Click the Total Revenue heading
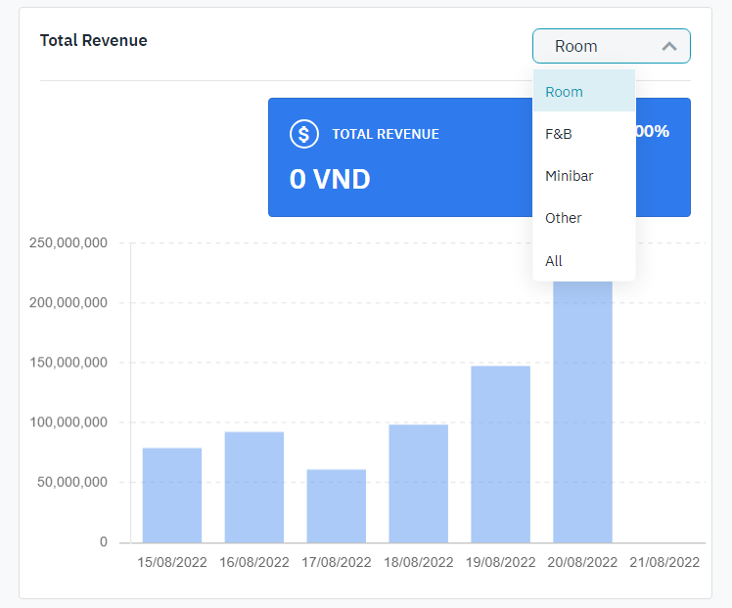coord(93,41)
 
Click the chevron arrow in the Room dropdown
coord(669,46)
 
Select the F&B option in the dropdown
coord(559,134)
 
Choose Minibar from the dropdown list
coord(570,176)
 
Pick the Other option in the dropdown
coord(564,218)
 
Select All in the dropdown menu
coord(554,261)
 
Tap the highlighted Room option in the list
coord(565,92)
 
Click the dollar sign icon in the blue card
coord(304,134)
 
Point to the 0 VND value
coord(330,179)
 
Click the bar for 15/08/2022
coord(172,496)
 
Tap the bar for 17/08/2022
coord(337,506)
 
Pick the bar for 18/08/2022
coord(419,484)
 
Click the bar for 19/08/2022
coord(501,455)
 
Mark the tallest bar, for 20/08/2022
coord(583,411)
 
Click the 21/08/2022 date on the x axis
coord(665,563)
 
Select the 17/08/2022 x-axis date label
coord(337,563)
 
